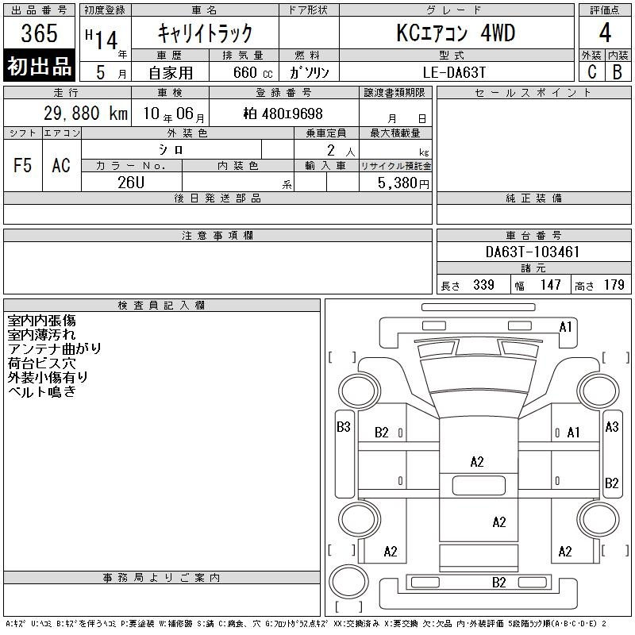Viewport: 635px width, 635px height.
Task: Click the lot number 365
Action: pos(39,33)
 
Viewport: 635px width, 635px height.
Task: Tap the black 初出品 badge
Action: pos(39,66)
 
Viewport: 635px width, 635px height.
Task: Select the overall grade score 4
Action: pos(605,33)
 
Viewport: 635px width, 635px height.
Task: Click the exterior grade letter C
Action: pos(591,71)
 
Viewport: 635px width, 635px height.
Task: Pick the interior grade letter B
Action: pos(618,71)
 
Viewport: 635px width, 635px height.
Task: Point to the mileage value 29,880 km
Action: pos(86,114)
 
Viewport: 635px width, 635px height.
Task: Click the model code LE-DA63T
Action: pos(454,72)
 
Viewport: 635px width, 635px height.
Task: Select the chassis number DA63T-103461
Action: pos(533,252)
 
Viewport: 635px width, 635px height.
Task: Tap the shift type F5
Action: pos(23,166)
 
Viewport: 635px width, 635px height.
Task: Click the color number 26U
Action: pos(131,183)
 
